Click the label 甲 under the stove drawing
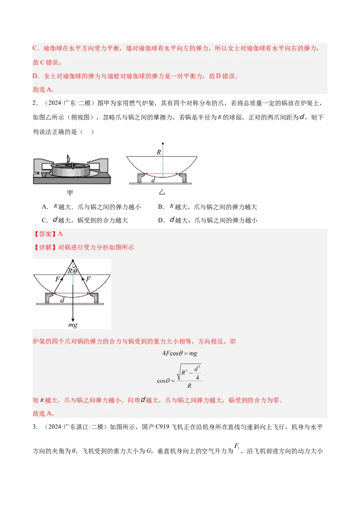(x=70, y=192)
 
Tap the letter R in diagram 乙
(x=159, y=152)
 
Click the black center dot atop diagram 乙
(x=163, y=143)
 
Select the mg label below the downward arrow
(x=72, y=325)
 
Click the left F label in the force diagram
(x=57, y=279)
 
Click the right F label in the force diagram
(x=88, y=279)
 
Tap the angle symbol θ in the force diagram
(x=75, y=271)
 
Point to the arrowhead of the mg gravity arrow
(x=72, y=317)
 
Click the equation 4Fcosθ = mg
(x=180, y=353)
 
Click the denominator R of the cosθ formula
(x=189, y=385)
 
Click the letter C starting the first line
(x=35, y=49)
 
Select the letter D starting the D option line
(x=35, y=76)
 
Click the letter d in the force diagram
(x=62, y=300)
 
